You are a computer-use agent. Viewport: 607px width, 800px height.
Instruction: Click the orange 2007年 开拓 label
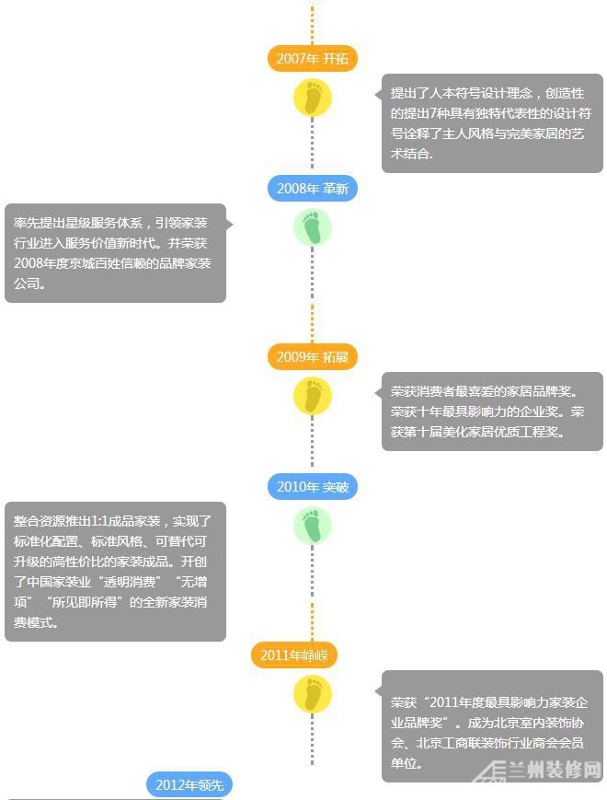pos(312,58)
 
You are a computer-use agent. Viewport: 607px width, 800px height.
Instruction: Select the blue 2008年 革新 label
pos(312,189)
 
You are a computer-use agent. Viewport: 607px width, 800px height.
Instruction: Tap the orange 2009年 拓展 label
pos(312,356)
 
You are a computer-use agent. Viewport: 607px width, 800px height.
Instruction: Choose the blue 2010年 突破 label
pos(312,487)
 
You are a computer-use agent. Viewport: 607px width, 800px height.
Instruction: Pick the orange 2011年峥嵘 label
pos(294,655)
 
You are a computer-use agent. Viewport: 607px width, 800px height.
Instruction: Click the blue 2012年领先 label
pos(189,784)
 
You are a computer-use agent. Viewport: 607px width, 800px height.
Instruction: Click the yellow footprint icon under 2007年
pos(313,98)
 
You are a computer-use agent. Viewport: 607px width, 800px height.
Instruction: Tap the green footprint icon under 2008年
pos(313,227)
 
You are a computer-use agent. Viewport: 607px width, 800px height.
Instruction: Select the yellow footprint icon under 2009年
pos(313,396)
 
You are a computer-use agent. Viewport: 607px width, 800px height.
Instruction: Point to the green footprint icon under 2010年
pos(313,526)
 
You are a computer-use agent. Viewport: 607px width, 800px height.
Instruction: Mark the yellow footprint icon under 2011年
pos(313,694)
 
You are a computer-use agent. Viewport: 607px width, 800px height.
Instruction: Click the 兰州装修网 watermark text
pos(554,770)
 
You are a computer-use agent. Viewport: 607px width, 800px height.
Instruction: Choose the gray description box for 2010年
pos(115,572)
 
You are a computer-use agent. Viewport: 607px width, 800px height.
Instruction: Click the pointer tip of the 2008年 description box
pos(233,224)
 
